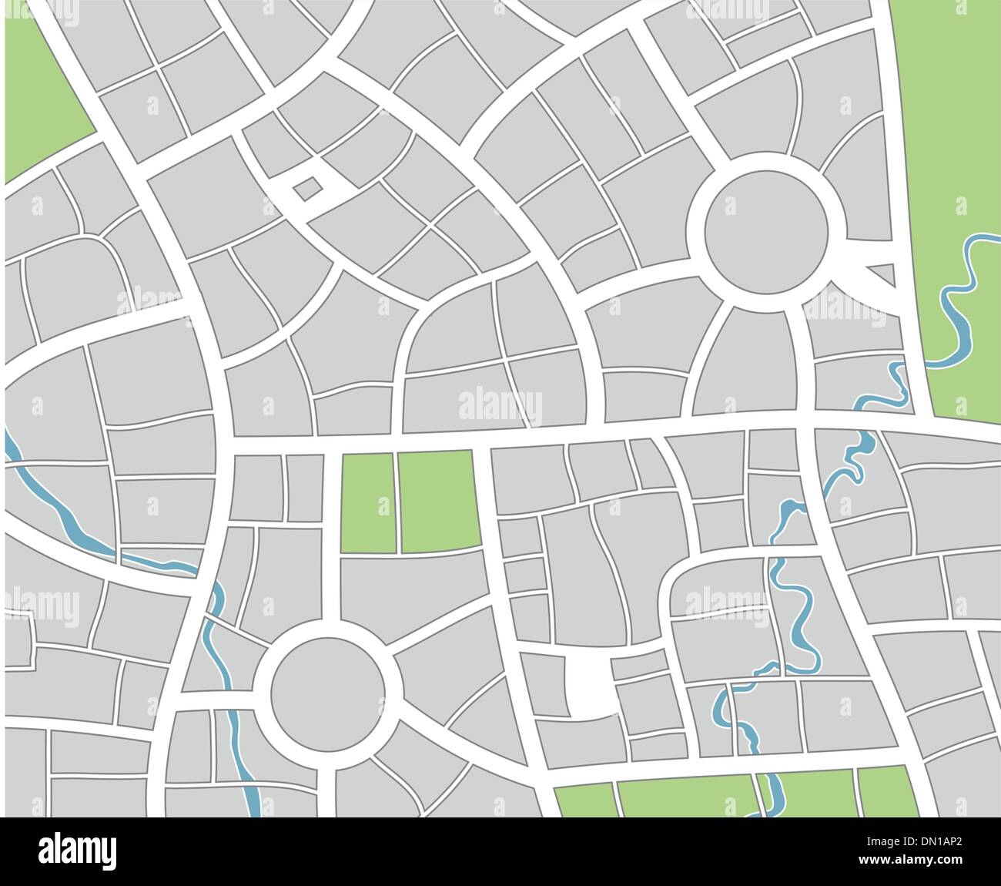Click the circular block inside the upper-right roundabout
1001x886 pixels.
click(767, 230)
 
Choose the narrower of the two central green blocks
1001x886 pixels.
click(368, 502)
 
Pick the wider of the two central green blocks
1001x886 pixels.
click(437, 501)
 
